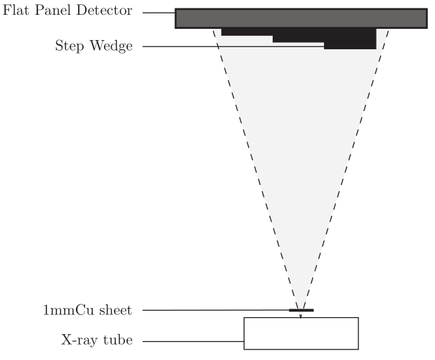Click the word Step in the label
(x=69, y=47)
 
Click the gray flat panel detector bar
(x=301, y=18)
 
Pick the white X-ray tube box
(x=301, y=333)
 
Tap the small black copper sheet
(x=301, y=310)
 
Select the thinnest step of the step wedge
(x=246, y=32)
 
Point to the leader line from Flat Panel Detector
(x=158, y=13)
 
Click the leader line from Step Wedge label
(x=232, y=47)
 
